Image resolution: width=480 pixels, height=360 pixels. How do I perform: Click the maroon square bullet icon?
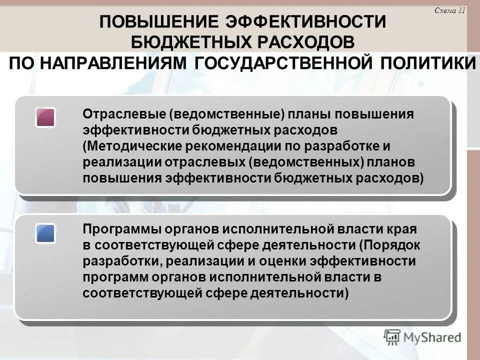pos(45,117)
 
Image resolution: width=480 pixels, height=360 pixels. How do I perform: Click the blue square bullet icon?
pos(45,233)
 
